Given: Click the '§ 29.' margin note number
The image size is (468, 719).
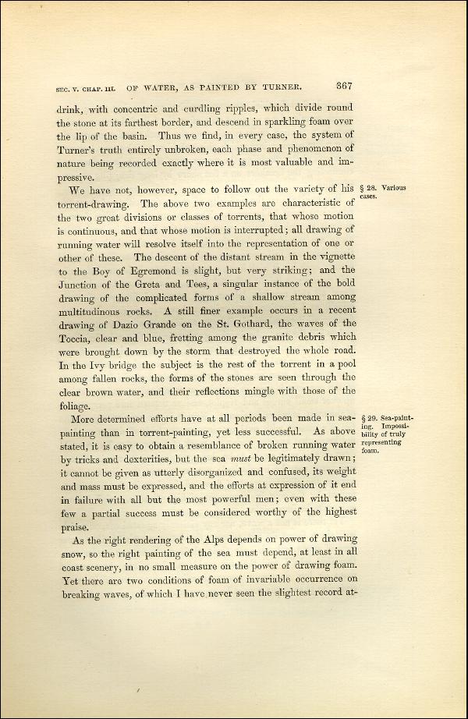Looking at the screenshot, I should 371,419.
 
